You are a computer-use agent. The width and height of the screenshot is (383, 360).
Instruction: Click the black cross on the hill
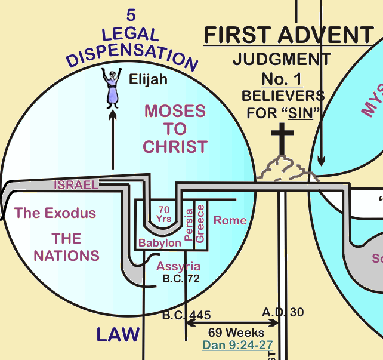click(283, 138)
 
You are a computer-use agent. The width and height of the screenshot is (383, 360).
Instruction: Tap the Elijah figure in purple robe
click(112, 88)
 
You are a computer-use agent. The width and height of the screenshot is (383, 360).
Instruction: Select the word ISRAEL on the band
click(76, 185)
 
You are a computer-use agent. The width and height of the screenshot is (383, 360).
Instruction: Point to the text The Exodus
click(55, 213)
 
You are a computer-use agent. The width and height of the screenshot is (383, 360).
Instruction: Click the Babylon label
click(160, 243)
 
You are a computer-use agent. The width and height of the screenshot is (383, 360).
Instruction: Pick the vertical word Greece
click(200, 222)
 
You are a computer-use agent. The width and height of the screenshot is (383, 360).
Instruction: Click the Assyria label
click(178, 266)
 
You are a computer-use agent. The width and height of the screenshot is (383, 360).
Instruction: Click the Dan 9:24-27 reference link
click(237, 344)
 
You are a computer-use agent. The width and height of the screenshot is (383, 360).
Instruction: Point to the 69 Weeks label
click(233, 332)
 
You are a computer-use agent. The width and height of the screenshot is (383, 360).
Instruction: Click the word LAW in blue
click(118, 335)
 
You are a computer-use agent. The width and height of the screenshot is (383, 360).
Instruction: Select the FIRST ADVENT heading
click(289, 36)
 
